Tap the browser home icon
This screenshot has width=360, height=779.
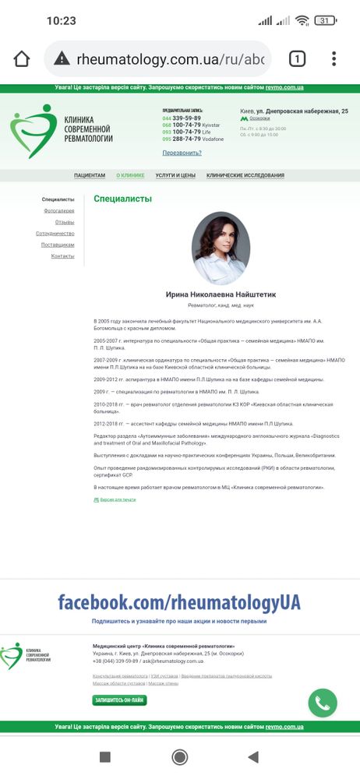coord(22,59)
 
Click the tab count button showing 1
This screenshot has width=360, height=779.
coord(297,59)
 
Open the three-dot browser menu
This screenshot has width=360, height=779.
coord(334,59)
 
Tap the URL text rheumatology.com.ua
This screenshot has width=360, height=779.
coord(170,59)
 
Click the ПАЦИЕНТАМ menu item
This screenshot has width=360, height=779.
coord(90,176)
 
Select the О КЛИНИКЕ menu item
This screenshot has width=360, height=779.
coord(130,176)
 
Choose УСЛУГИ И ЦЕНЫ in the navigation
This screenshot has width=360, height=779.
coord(175,176)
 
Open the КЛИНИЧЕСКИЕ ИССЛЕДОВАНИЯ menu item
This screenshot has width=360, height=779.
coord(245,176)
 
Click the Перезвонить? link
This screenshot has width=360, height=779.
coord(182,153)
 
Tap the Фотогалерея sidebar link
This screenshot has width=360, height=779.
coord(59,211)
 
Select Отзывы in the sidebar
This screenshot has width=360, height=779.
coord(65,222)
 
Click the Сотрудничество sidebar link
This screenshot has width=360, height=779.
coord(55,234)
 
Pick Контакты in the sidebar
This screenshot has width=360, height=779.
coord(63,256)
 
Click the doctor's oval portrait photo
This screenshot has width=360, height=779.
coord(221,249)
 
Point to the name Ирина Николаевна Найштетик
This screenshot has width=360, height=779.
coord(221,295)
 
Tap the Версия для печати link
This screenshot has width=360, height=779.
coord(117,499)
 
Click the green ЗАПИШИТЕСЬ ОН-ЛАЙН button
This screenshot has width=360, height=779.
coord(119,700)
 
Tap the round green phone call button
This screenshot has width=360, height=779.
coord(323,703)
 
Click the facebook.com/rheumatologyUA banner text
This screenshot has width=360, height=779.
coord(179,602)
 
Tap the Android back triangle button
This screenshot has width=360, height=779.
coord(252,756)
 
